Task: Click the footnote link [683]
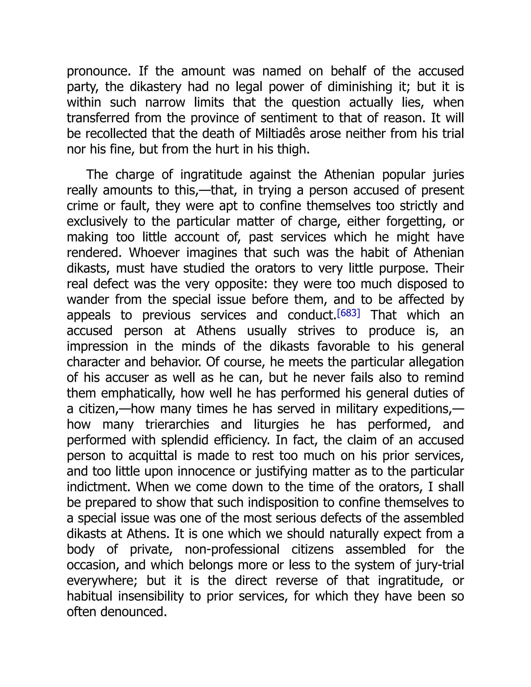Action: tap(348, 313)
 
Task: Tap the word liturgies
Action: tap(276, 424)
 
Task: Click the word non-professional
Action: tap(232, 549)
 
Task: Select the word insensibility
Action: tap(151, 596)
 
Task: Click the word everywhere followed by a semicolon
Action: tap(102, 581)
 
